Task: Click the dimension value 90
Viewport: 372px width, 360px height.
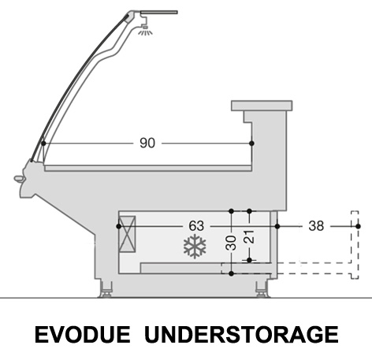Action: [x=147, y=143]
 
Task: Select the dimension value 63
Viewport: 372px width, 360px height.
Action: [x=196, y=226]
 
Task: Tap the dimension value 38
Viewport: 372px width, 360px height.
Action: [x=316, y=226]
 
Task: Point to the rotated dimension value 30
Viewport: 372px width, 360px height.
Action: [x=231, y=243]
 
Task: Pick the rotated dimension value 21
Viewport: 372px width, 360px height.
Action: [x=249, y=237]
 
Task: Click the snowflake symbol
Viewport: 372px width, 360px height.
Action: [x=195, y=247]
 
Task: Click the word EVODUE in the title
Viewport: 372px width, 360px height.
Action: [x=83, y=335]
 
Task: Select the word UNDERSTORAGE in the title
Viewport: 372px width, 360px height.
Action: [x=241, y=335]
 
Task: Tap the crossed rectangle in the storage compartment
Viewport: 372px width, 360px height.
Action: [x=127, y=234]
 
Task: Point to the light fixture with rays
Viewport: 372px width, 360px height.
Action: [x=145, y=30]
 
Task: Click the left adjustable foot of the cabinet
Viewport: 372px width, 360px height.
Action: [x=106, y=289]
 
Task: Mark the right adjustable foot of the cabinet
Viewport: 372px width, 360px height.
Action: [x=262, y=289]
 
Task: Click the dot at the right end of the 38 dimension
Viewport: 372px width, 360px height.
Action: [x=358, y=226]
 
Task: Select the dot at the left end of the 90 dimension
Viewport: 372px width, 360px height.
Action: [x=43, y=143]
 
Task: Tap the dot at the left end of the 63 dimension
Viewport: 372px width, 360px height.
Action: [x=119, y=226]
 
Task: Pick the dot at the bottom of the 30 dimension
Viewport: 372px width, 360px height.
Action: [x=231, y=273]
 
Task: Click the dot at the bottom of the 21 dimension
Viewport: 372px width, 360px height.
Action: [x=250, y=260]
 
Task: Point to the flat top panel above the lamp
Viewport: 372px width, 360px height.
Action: [x=159, y=13]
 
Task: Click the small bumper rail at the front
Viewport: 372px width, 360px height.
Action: [x=19, y=179]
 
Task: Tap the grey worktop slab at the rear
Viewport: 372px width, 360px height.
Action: [x=262, y=106]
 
